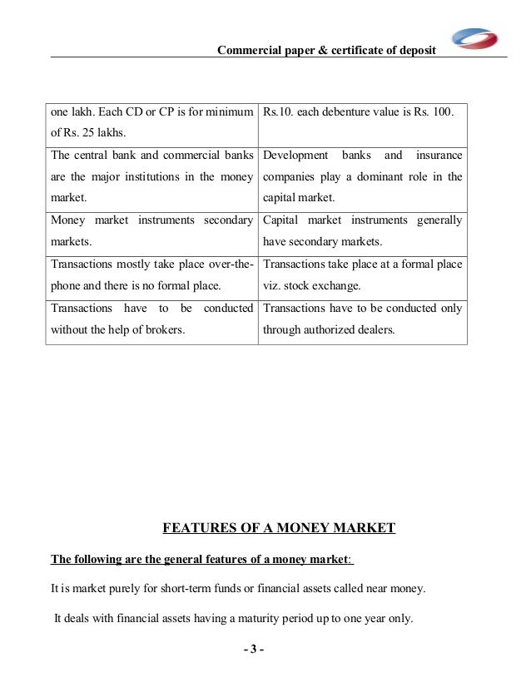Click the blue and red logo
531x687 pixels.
pos(474,38)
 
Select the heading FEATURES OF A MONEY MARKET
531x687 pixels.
pos(279,527)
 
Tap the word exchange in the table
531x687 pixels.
pos(338,285)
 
